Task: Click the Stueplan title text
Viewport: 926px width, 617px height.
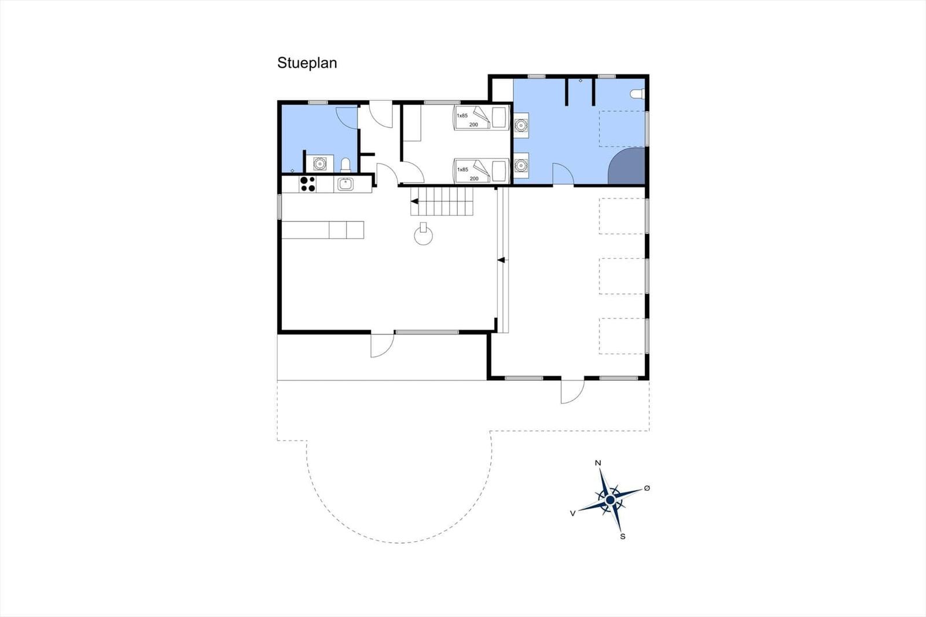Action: [307, 63]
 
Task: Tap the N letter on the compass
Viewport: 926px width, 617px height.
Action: [598, 463]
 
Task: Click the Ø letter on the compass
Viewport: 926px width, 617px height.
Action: [647, 488]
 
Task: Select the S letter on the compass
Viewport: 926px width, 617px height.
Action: [623, 537]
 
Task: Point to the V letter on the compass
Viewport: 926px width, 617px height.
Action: [572, 513]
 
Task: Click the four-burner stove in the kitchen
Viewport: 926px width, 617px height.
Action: [307, 184]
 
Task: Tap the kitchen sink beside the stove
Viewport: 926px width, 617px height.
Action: [345, 184]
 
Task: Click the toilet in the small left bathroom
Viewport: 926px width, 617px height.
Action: [346, 165]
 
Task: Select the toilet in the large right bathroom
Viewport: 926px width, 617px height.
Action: [638, 94]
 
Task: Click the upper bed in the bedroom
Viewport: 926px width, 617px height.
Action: [481, 118]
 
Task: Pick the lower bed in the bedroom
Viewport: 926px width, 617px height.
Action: [481, 170]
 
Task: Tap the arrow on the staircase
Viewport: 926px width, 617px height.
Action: [414, 201]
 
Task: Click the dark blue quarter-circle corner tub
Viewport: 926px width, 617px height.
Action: [627, 166]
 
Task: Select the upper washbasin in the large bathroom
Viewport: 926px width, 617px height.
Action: [521, 125]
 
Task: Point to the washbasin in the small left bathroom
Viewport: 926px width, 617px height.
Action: [319, 163]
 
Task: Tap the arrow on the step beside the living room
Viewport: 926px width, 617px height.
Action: [501, 260]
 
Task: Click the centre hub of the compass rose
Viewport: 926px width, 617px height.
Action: [610, 501]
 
